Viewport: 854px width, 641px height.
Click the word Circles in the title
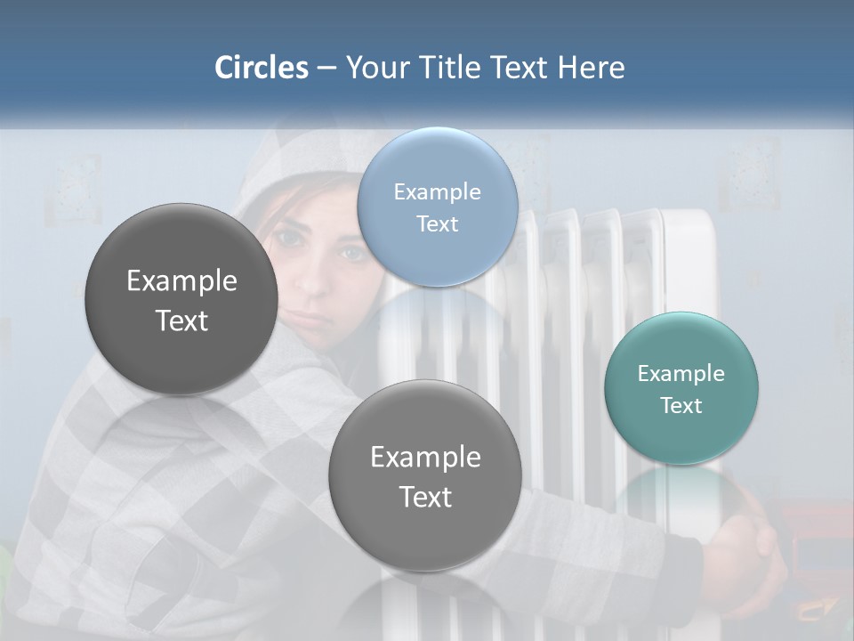[x=262, y=68]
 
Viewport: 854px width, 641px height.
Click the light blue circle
[x=438, y=207]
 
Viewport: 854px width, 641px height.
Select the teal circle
[x=681, y=388]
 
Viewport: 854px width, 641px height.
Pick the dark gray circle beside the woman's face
[x=181, y=300]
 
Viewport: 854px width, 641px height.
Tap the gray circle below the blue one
[x=425, y=475]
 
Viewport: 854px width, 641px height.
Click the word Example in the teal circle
[x=681, y=373]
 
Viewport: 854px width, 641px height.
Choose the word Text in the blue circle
[x=438, y=223]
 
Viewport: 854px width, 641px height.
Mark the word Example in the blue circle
[x=438, y=191]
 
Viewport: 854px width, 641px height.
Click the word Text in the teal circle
[x=681, y=405]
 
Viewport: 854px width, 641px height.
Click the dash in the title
[x=326, y=69]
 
